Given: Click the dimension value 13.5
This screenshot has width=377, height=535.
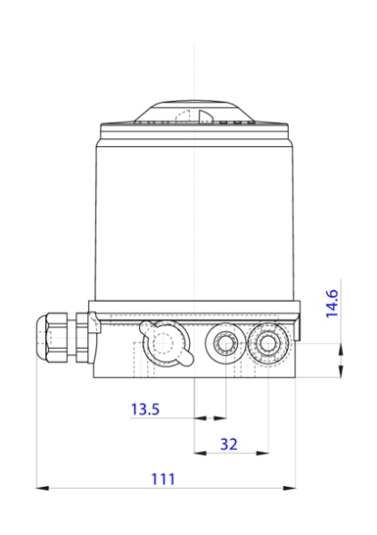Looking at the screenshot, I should pyautogui.click(x=144, y=410).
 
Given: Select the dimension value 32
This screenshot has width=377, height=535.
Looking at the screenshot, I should pyautogui.click(x=229, y=444).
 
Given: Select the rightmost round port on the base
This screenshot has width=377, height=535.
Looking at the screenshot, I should pyautogui.click(x=269, y=342).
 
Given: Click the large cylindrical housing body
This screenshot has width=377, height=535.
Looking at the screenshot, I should pyautogui.click(x=194, y=218).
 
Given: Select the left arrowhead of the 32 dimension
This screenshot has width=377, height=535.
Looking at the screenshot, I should pyautogui.click(x=200, y=452).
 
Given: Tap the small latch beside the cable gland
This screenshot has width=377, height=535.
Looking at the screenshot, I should pyautogui.click(x=93, y=322).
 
